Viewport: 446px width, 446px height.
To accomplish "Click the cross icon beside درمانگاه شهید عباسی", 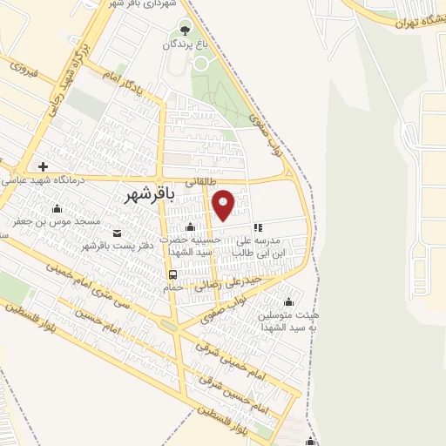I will coord(42,165).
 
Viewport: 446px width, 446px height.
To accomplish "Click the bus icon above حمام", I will coord(172,276).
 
